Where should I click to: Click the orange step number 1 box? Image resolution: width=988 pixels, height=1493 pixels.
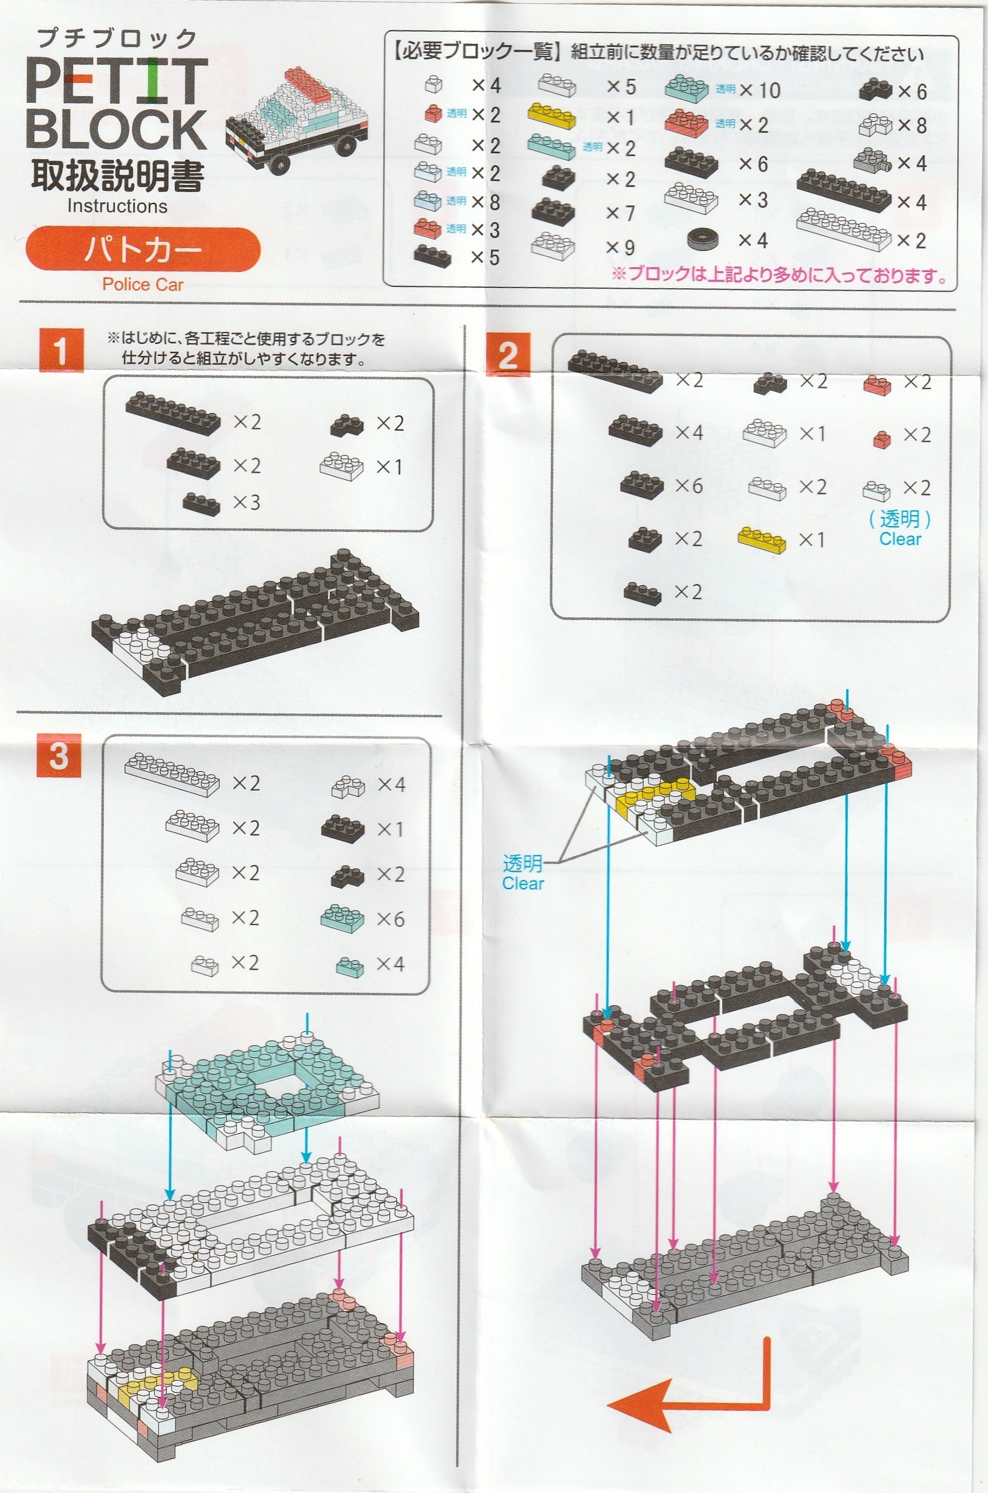pos(61,350)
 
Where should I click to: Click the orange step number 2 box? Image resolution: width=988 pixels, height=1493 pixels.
pos(508,354)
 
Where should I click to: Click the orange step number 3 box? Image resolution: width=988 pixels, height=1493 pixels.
pos(59,755)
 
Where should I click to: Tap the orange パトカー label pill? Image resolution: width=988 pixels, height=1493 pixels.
pos(143,250)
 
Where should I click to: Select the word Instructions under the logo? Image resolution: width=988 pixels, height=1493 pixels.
pos(117,206)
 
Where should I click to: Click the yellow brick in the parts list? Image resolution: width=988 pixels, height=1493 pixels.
pos(552,115)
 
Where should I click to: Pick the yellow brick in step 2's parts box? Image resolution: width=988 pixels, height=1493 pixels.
pos(762,540)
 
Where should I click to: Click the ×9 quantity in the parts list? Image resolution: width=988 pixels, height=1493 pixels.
pos(620,248)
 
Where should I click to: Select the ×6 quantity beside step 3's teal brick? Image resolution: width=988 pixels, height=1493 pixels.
pos(391,919)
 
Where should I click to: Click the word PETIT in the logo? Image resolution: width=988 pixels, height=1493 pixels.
pos(117,81)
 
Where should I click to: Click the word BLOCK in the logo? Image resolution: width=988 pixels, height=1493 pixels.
pos(116,129)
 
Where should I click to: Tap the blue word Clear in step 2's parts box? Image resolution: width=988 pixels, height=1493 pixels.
pos(900,539)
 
